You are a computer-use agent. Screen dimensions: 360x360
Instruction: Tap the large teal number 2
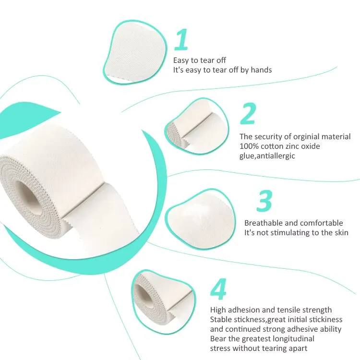coord(248,114)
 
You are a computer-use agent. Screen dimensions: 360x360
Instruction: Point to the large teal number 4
coord(218,288)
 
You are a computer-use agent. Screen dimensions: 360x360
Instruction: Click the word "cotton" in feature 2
coord(271,146)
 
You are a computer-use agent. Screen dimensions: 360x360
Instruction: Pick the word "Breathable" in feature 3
coord(263,223)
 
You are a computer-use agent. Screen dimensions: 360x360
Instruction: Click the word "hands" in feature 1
coord(262,70)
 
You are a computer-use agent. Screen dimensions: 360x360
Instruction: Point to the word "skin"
coord(339,232)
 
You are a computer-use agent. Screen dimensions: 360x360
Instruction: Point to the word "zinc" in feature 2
coord(293,146)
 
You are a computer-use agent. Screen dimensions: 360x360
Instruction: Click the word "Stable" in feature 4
coord(222,319)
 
